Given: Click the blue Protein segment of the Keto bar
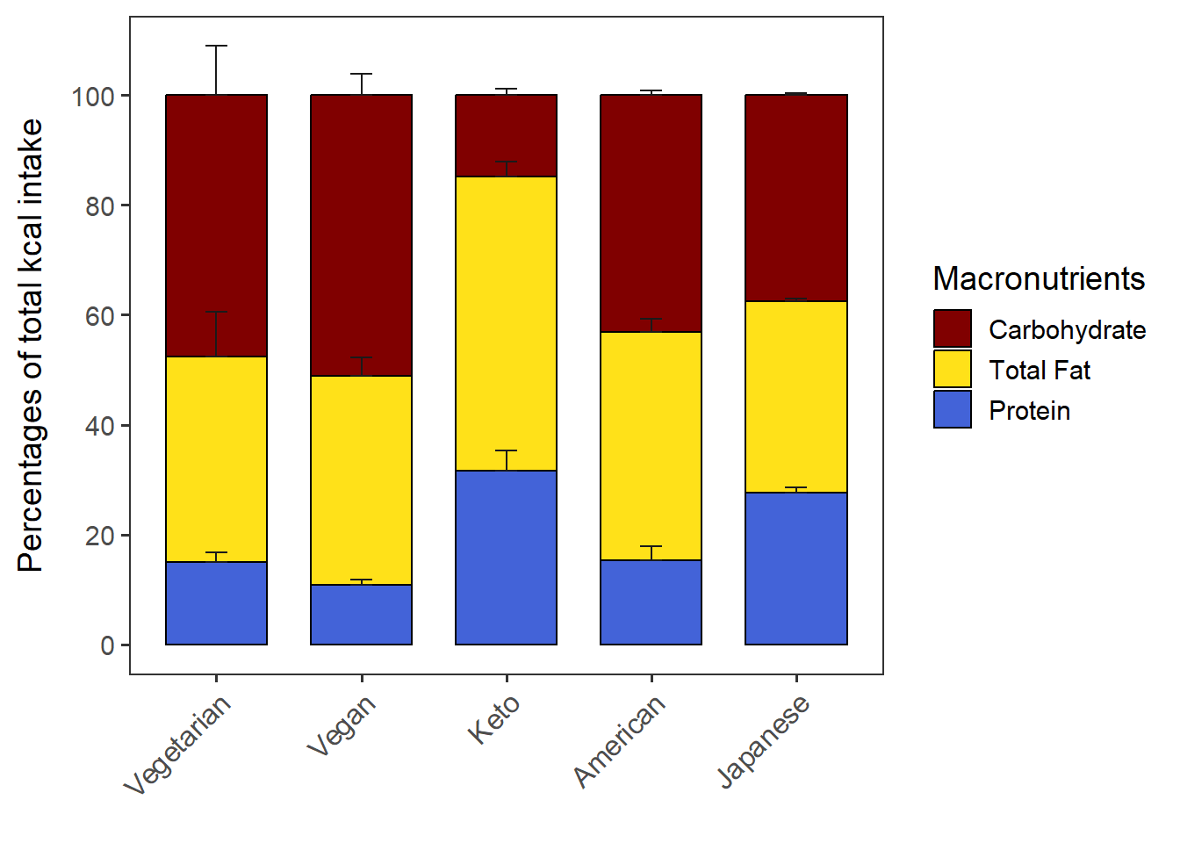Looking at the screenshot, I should [x=506, y=558].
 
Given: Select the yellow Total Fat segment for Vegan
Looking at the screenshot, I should [x=361, y=480].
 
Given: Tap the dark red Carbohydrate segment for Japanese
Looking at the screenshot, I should [x=795, y=198].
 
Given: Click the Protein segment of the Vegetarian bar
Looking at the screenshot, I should [x=216, y=603].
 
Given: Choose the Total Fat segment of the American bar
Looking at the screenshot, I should [x=651, y=446].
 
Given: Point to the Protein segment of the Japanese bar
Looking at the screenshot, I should [x=795, y=568].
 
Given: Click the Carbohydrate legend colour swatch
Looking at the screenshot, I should [x=953, y=328].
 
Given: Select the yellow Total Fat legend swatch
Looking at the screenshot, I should [x=953, y=369].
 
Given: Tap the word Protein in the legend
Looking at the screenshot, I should [x=1029, y=411].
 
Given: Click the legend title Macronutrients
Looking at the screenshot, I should [x=1039, y=278].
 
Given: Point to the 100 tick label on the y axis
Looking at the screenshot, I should [x=93, y=96].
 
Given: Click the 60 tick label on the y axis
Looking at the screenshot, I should [x=100, y=316].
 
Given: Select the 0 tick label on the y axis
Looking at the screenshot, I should [x=108, y=646].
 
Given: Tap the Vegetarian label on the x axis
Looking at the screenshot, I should [x=178, y=745].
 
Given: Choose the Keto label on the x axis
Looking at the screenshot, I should [x=494, y=719].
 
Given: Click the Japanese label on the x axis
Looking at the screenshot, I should [x=763, y=742].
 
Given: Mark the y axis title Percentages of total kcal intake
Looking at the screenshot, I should [x=30, y=345].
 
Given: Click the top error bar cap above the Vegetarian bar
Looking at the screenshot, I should [x=216, y=46].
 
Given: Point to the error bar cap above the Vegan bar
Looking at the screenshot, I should [x=361, y=74].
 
